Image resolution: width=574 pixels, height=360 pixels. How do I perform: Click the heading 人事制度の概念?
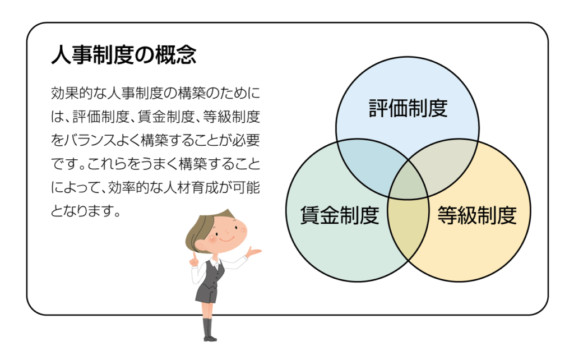click(x=123, y=56)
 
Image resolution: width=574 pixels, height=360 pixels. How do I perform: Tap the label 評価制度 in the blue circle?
click(x=408, y=108)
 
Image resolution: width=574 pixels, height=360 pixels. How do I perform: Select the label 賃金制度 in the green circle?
click(x=340, y=215)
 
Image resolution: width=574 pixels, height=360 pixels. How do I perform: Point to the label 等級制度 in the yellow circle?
click(x=476, y=215)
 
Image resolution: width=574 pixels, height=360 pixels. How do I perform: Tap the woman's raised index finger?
click(x=192, y=256)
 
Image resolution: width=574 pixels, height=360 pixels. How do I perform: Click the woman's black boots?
click(x=210, y=331)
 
